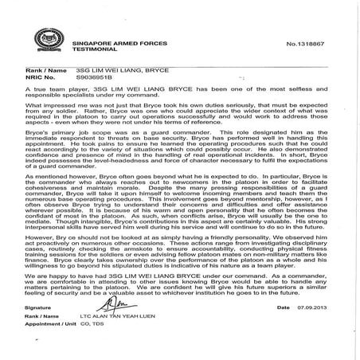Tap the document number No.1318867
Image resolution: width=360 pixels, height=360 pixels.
point(318,37)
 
